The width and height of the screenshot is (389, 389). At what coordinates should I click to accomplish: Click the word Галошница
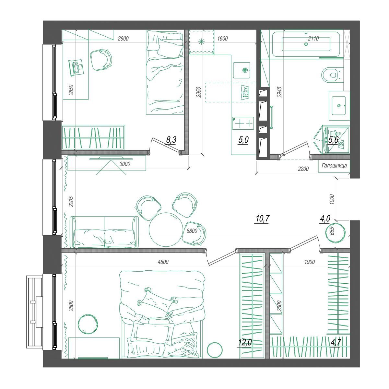(x=334, y=166)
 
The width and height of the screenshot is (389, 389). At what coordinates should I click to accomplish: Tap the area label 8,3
(x=171, y=139)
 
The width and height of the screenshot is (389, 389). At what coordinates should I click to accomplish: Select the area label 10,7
(x=263, y=218)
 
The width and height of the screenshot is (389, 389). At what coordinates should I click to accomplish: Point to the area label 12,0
(x=245, y=342)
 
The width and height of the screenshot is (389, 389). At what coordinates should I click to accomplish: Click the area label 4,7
(x=336, y=342)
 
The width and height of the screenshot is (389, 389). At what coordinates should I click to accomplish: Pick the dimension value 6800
(x=192, y=231)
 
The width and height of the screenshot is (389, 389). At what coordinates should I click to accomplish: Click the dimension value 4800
(x=163, y=262)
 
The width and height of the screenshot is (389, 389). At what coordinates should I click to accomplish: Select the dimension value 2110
(x=313, y=38)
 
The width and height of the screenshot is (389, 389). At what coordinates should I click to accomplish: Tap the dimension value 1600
(x=222, y=38)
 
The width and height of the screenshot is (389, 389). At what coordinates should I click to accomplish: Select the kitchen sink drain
(x=245, y=70)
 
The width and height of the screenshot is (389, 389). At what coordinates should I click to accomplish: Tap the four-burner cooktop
(x=243, y=123)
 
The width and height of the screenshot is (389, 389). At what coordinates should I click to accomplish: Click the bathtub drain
(x=306, y=45)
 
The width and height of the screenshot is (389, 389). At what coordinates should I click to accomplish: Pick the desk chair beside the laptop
(x=101, y=60)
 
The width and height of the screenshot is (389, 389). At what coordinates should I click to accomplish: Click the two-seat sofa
(x=104, y=232)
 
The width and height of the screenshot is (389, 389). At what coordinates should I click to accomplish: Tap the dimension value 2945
(x=279, y=92)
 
